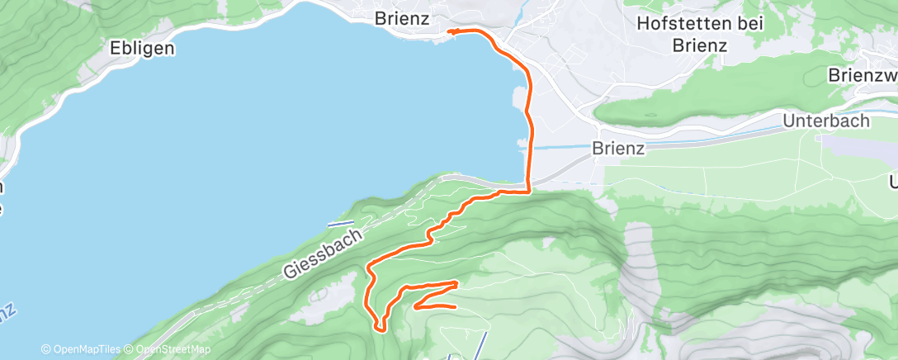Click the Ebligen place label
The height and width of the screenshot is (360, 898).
coord(143,48)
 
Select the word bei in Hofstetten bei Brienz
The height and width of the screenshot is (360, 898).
coord(750,24)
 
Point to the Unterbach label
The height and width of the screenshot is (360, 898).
coord(827,121)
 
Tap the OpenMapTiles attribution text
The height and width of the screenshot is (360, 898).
coord(85,349)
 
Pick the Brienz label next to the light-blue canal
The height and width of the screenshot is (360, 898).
coord(618,149)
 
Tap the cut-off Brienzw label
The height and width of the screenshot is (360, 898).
coord(862,76)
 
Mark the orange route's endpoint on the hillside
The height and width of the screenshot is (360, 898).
coord(455,307)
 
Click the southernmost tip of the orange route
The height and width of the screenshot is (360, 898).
coord(380,329)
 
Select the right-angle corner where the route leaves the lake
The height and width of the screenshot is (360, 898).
coord(527,192)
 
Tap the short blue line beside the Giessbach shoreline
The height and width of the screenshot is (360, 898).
coord(340,224)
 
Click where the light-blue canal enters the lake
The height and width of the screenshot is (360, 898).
coord(529,148)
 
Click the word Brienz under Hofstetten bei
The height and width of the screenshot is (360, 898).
coord(699,45)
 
